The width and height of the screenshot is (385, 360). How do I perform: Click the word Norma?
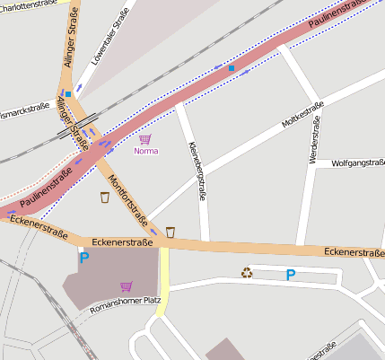pyautogui.click(x=145, y=151)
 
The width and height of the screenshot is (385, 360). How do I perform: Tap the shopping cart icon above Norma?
pyautogui.click(x=144, y=139)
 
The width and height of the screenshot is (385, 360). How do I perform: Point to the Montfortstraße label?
pyautogui.click(x=127, y=198)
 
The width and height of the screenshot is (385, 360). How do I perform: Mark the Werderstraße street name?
pyautogui.click(x=314, y=144)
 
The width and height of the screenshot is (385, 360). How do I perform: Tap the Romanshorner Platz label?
pyautogui.click(x=125, y=304)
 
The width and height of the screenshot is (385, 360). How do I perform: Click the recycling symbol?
pyautogui.click(x=247, y=273)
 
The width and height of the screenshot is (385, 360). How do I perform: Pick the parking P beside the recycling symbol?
pyautogui.click(x=290, y=275)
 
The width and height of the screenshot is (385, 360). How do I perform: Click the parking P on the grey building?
pyautogui.click(x=84, y=259)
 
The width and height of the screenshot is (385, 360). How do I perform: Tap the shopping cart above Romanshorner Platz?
pyautogui.click(x=126, y=286)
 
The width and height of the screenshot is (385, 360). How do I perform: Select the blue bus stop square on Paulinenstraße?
pyautogui.click(x=232, y=68)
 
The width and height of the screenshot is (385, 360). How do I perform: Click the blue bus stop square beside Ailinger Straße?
pyautogui.click(x=68, y=92)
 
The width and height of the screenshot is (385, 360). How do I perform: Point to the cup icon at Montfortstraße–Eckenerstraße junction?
pyautogui.click(x=171, y=232)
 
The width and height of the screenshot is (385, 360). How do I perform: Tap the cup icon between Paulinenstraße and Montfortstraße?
pyautogui.click(x=105, y=197)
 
